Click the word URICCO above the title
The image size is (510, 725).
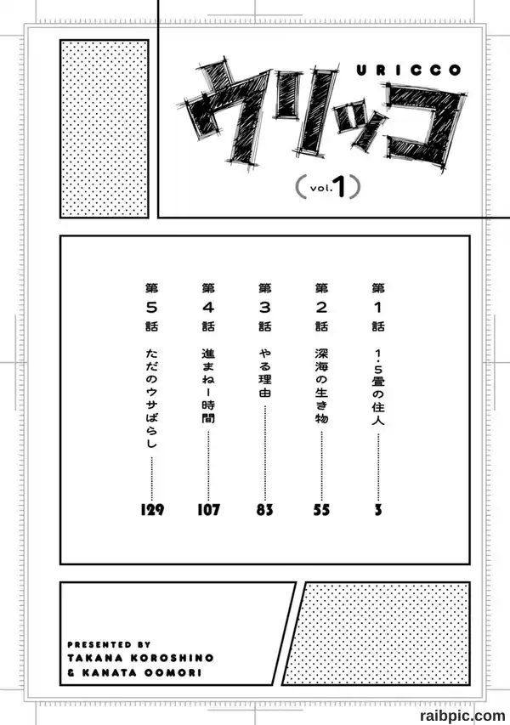409,71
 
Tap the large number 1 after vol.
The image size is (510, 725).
340,187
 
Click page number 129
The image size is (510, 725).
152,509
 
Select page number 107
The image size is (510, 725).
208,509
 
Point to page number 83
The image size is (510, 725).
265,509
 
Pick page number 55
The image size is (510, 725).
321,509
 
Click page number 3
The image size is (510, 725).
378,509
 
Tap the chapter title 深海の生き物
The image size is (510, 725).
322,386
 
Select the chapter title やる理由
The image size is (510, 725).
265,373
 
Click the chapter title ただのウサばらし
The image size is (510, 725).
152,398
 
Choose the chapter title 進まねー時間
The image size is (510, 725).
208,386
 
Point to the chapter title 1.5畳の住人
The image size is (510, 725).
378,387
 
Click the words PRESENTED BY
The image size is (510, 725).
109,644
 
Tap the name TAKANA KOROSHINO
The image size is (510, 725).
140,658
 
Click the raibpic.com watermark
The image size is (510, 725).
462,716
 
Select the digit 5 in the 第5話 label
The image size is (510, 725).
152,307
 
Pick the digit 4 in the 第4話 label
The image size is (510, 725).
208,307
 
